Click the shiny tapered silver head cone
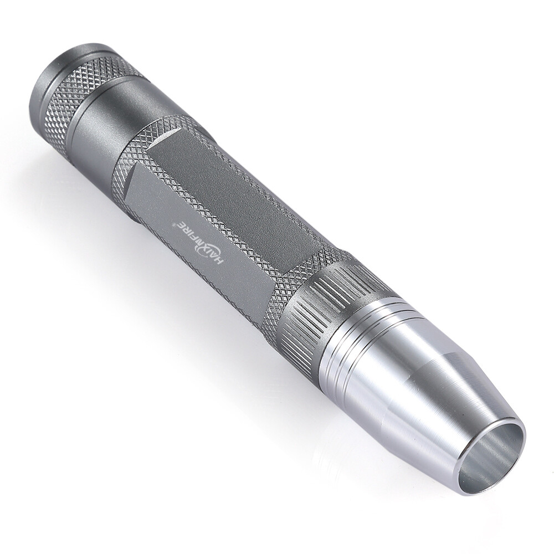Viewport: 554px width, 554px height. click(417, 382)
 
